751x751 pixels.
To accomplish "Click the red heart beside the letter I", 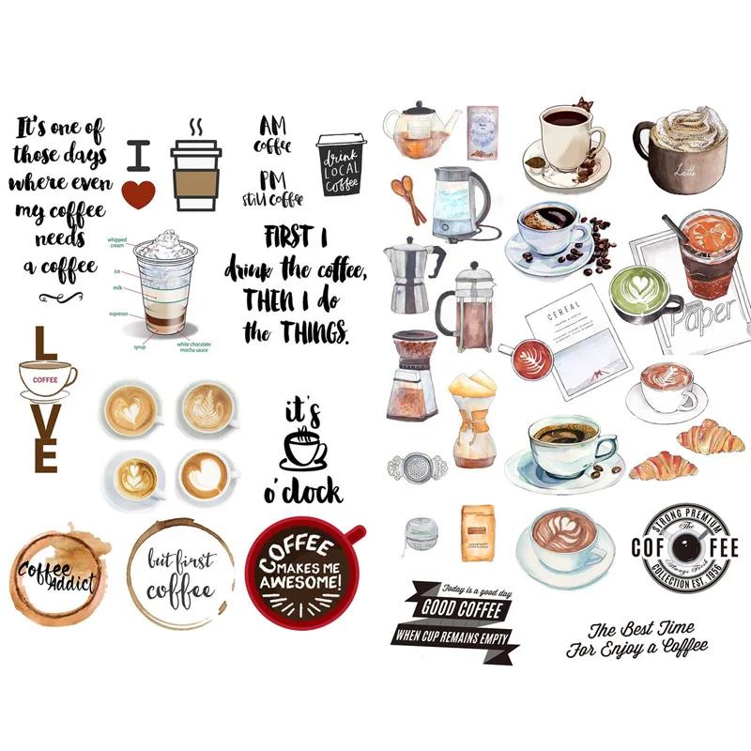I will coord(138,192).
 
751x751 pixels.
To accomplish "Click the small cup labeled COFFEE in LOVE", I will coord(45,380).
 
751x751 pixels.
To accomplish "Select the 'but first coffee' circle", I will coord(181,572).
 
